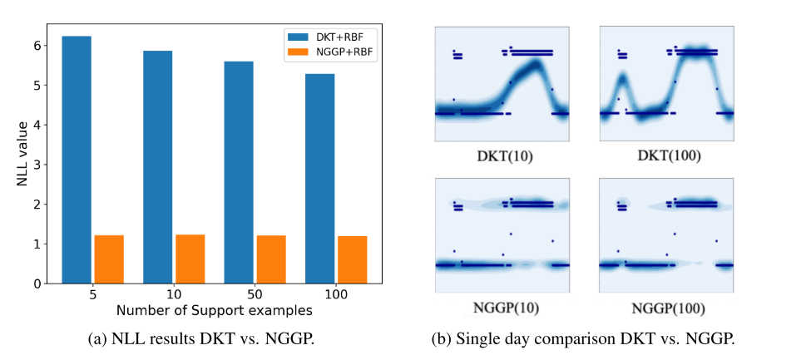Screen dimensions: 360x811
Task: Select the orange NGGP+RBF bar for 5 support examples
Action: pos(109,259)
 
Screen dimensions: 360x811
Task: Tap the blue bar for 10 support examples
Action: pos(157,167)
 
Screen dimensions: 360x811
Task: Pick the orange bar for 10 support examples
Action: pos(190,259)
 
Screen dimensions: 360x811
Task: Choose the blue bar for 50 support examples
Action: pos(238,172)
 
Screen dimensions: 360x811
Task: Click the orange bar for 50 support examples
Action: pos(271,259)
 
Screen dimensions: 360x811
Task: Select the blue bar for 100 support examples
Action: pos(319,179)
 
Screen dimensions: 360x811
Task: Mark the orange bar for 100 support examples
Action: pos(352,260)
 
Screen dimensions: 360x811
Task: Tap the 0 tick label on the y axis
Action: pos(37,284)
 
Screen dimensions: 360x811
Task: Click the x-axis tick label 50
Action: pos(255,296)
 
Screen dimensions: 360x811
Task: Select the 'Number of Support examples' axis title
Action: pos(214,311)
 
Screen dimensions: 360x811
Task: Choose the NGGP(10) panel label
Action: pos(502,308)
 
